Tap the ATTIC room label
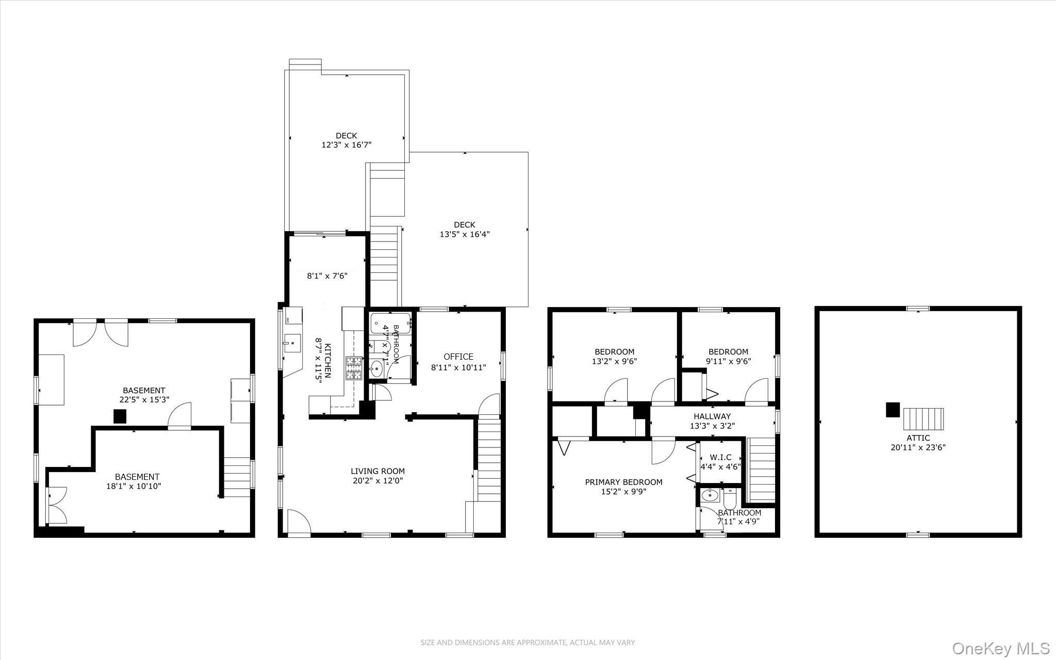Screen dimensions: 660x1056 click(918, 438)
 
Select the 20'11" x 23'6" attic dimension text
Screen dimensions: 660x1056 click(918, 447)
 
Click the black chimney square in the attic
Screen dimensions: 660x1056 click(893, 410)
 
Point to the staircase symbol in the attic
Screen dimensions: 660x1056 click(923, 419)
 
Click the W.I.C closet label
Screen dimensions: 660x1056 click(720, 457)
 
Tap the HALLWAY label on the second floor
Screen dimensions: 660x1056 click(712, 416)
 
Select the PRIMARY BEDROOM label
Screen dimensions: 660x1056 click(623, 482)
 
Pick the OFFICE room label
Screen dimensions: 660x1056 click(458, 357)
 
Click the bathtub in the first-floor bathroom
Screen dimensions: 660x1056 click(390, 323)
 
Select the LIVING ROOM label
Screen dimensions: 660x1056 click(377, 471)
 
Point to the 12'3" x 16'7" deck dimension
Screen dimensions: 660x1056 click(346, 145)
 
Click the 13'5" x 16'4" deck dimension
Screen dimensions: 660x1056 click(464, 234)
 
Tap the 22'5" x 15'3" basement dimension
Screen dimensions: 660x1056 click(144, 399)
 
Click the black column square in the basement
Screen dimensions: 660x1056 click(120, 416)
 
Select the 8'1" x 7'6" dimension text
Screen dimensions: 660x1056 click(327, 276)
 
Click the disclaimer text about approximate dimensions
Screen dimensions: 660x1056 click(527, 642)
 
